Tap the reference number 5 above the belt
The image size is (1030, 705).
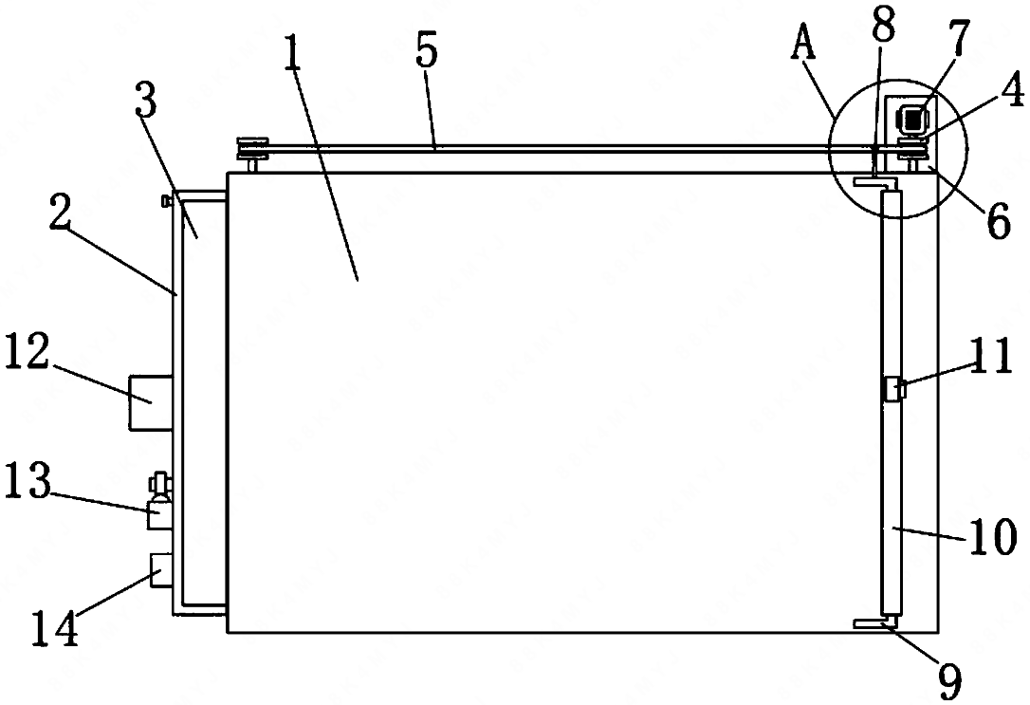pos(426,52)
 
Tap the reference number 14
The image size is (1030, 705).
pos(55,627)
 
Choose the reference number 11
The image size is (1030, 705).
pos(991,362)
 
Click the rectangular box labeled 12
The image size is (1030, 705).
pos(151,402)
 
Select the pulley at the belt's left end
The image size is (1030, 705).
pos(250,149)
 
